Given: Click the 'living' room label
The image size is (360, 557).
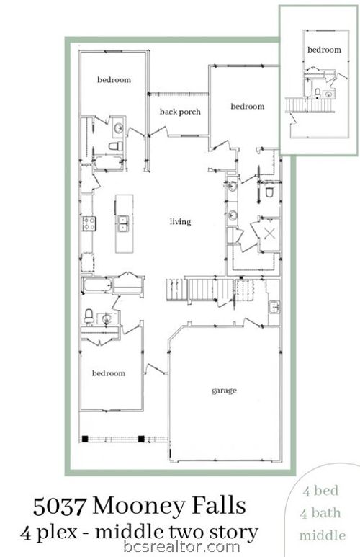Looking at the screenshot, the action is [x=180, y=222].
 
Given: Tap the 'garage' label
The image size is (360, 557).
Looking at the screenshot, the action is [x=224, y=391].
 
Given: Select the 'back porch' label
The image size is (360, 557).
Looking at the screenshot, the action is [x=180, y=112].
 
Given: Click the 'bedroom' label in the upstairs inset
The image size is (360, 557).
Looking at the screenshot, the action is [x=324, y=50].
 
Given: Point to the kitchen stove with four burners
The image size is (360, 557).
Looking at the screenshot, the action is [x=89, y=223].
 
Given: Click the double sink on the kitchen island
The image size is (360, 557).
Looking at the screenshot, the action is [x=124, y=223].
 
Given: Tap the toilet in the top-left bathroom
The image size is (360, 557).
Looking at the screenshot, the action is [x=115, y=146].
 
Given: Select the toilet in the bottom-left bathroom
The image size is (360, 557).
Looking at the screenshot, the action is [x=89, y=316].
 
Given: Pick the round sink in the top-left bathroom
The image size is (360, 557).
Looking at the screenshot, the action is [x=118, y=127].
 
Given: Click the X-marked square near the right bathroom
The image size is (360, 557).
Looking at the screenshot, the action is [x=270, y=233].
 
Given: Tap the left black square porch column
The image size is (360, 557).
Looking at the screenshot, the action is [x=85, y=439].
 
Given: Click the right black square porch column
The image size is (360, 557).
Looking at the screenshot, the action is [x=141, y=439].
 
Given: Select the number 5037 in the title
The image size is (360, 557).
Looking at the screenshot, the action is [x=60, y=506].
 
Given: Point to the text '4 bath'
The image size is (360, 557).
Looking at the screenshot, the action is [x=320, y=513].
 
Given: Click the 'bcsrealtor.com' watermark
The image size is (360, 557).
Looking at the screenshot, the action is [x=181, y=546].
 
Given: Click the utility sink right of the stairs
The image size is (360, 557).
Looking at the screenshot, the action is [x=274, y=307].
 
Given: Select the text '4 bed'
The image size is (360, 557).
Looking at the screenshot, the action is [x=320, y=491].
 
